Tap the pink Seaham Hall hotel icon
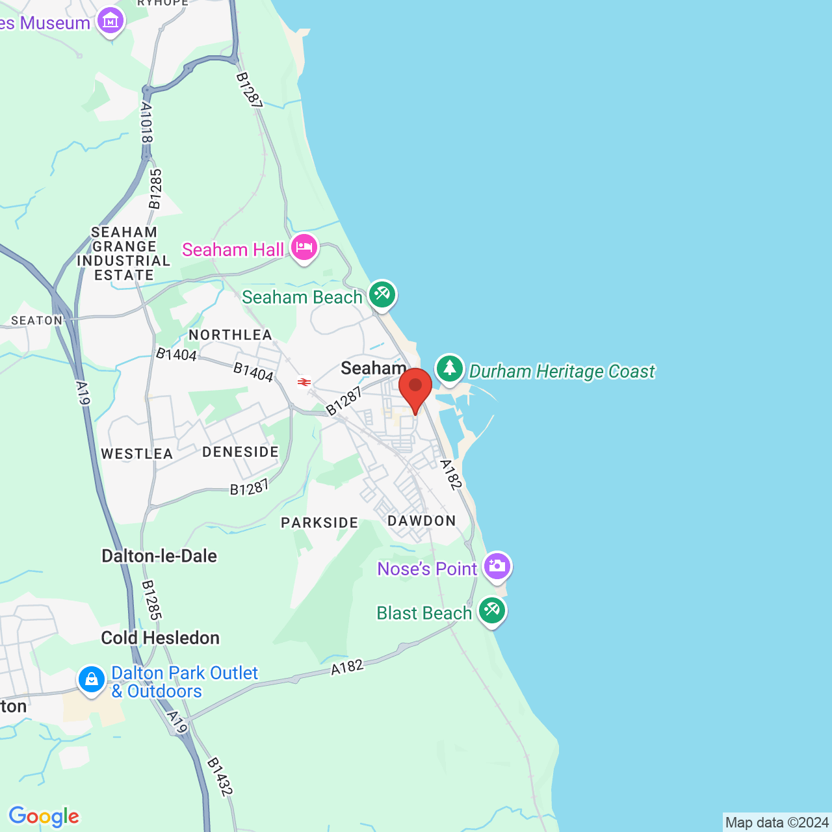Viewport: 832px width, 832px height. tap(304, 248)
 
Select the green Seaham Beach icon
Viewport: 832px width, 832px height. tap(382, 295)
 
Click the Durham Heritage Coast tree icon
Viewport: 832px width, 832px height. tap(449, 369)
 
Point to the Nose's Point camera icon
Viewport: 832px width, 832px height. tap(497, 566)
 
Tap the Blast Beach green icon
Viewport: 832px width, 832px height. tap(492, 611)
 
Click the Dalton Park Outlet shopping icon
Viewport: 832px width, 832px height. tap(92, 679)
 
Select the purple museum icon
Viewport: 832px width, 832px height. tap(110, 21)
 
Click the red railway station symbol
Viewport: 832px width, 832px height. tap(304, 382)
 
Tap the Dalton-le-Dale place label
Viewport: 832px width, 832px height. tap(159, 556)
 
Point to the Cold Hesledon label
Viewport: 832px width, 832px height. tap(160, 638)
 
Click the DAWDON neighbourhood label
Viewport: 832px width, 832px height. tap(422, 521)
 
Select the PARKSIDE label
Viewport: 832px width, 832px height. tap(319, 523)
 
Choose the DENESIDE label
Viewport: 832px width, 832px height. tap(240, 452)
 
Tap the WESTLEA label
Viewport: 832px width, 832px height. tap(136, 454)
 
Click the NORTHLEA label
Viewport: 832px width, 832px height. tap(230, 335)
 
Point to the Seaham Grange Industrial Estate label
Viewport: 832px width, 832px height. tap(123, 253)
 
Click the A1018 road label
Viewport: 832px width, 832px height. tap(146, 123)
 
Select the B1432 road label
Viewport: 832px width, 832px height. tap(220, 777)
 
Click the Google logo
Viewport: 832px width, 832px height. tap(44, 816)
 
